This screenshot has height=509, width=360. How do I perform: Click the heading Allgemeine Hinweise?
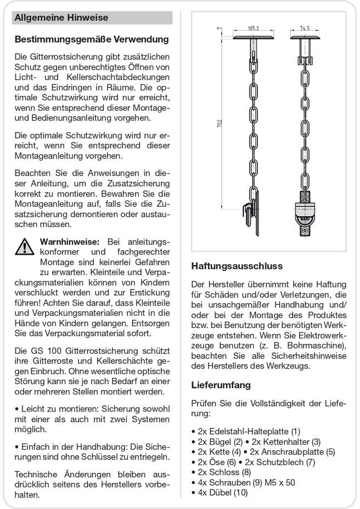coord(61,18)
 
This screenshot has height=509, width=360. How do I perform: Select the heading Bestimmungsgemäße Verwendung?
coord(92,39)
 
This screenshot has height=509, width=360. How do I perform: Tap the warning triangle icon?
coord(25,246)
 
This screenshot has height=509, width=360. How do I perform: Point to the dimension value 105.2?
coord(253,28)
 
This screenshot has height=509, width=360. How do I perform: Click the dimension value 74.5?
coord(306,28)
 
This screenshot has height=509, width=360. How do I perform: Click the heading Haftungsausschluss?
coord(237,266)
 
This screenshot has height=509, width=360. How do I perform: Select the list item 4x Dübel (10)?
coord(220,493)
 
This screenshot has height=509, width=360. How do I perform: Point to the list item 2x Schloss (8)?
coord(221,472)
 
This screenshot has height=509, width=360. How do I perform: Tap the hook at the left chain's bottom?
coord(252,214)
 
